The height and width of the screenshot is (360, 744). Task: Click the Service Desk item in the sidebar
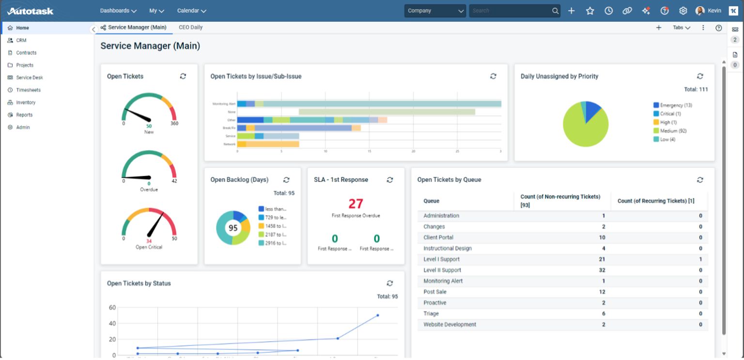coord(29,78)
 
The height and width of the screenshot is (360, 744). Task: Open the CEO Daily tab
coord(190,28)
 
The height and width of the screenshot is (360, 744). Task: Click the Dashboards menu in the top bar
coord(118,11)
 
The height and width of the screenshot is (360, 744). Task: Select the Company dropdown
coord(434,11)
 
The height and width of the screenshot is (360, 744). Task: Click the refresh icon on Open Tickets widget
coord(183,76)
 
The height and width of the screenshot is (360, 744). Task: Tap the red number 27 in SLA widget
coord(356,203)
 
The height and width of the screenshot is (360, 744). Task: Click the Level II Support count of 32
coord(602,270)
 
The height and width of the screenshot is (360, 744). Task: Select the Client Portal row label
coord(438,237)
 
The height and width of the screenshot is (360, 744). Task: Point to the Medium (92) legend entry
coord(673,131)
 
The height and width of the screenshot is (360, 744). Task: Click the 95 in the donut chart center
coord(233,228)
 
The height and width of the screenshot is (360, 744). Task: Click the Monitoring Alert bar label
coord(223,104)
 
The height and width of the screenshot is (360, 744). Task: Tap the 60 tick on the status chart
coord(112,307)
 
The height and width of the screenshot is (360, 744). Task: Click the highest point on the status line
coord(377,315)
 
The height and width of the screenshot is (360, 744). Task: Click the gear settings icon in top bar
coord(683,11)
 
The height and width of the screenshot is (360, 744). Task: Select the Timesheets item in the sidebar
coord(28,90)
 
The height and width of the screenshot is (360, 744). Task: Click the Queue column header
coord(432,201)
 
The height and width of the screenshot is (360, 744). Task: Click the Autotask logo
coord(30,11)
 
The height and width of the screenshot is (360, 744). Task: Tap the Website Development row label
coord(449,325)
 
